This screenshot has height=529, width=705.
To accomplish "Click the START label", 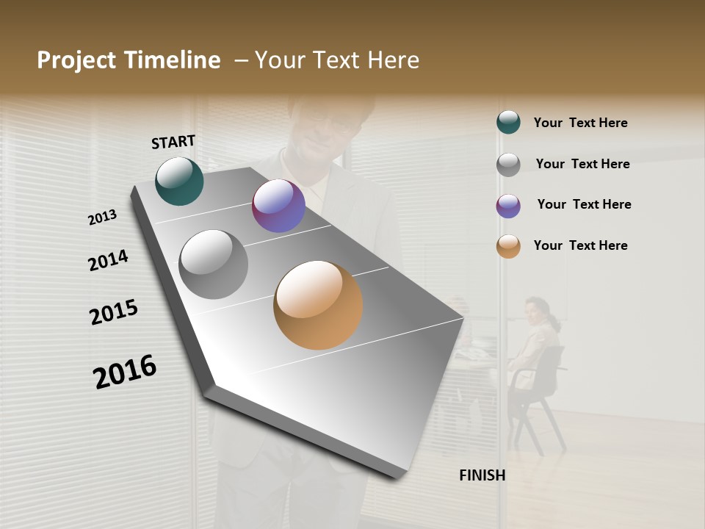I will click(x=173, y=142).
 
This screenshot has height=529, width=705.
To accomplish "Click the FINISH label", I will click(x=482, y=475).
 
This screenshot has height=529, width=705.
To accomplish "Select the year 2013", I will click(x=103, y=217).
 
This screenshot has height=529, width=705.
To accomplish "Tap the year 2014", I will click(x=108, y=261).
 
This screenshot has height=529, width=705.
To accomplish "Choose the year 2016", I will click(x=125, y=372).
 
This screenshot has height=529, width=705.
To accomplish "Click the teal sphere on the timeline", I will click(x=179, y=181).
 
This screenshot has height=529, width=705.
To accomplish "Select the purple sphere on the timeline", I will click(x=278, y=206).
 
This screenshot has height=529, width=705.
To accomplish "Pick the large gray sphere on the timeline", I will click(x=213, y=264).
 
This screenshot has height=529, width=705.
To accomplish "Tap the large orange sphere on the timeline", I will click(x=318, y=305).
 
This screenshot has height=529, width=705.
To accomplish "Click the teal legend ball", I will click(x=508, y=123).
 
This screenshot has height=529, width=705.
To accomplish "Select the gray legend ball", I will click(x=508, y=165).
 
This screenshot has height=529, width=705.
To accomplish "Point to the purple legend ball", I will click(x=508, y=206).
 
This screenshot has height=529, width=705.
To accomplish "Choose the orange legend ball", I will click(x=508, y=246).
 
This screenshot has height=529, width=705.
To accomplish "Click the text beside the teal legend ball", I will click(x=580, y=123).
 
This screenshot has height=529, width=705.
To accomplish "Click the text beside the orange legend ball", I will click(x=580, y=245).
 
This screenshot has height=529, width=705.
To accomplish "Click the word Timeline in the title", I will click(x=172, y=60).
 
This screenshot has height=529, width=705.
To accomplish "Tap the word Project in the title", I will click(x=76, y=60).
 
